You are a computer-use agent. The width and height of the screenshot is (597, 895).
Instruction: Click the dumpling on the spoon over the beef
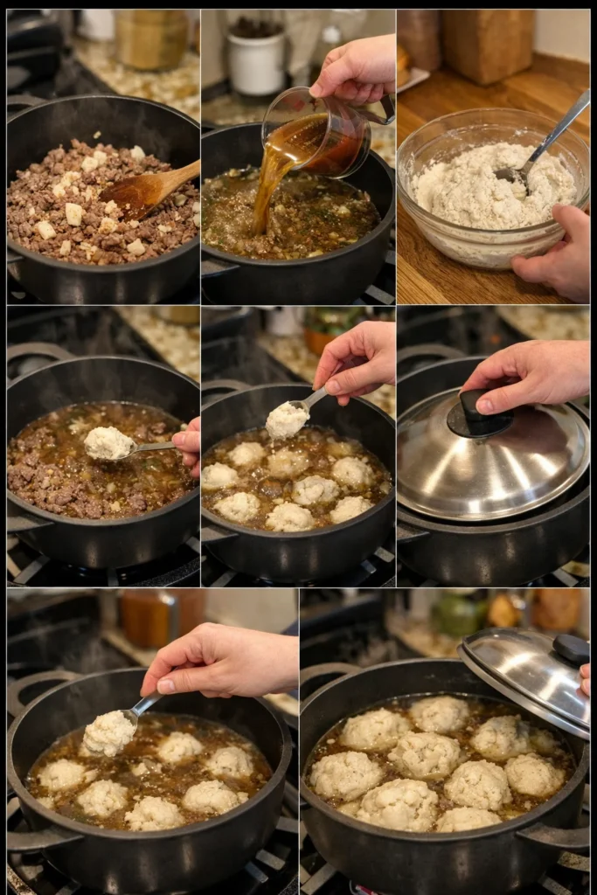coord(108,442)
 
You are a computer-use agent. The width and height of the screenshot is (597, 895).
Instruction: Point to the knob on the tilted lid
coord(570,649)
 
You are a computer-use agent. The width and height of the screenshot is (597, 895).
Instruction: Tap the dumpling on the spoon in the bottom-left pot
coord(108,732)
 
